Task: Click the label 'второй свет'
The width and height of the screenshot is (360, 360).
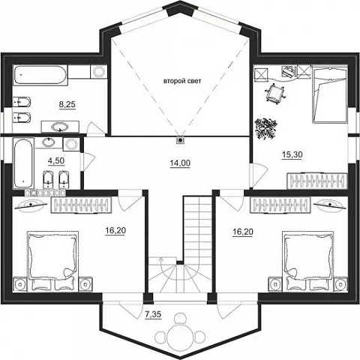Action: coord(182,81)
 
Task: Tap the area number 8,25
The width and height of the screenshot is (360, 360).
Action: coord(67,104)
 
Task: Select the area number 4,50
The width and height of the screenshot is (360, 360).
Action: coord(56,160)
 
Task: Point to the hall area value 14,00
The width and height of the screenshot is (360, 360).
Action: coord(180,163)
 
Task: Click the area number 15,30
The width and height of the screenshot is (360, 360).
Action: coord(292,154)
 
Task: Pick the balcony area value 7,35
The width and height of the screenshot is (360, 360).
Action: coord(153,314)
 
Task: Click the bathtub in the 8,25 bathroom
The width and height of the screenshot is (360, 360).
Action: coord(40,75)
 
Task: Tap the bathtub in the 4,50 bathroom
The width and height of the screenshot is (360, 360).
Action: coord(23,163)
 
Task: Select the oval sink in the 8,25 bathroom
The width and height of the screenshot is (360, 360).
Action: coord(60,127)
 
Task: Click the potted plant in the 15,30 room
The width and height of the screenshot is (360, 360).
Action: coord(265,128)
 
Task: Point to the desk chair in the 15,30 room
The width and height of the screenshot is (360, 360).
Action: coord(275,93)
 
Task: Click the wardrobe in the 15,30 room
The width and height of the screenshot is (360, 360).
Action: coord(317,181)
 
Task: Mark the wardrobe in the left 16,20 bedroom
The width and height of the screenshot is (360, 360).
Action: coord(81,205)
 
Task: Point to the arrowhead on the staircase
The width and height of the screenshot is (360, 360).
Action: coord(161,260)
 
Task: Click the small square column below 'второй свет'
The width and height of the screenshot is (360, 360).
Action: coord(180,140)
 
